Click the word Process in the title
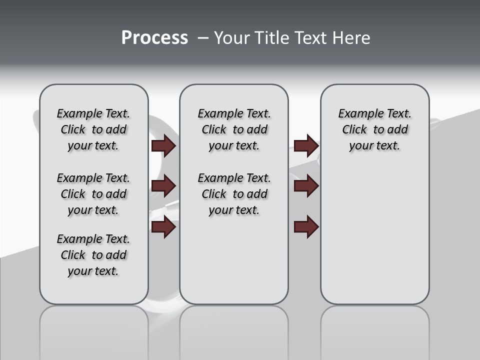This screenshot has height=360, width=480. click(154, 38)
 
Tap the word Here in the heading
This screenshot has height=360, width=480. click(350, 38)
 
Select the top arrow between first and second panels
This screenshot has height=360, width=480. click(163, 146)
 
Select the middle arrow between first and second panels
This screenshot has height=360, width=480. click(163, 186)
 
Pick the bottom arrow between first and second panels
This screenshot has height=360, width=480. click(163, 227)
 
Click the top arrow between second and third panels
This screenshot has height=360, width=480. click(306, 146)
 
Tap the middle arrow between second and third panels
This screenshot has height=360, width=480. click(306, 186)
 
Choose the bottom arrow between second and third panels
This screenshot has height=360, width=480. click(306, 227)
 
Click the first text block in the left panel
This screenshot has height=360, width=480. click(93, 129)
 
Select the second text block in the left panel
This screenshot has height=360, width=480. click(93, 194)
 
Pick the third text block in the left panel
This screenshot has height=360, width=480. click(93, 255)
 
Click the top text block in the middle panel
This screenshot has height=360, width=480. click(234, 129)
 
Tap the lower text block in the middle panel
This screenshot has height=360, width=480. click(234, 194)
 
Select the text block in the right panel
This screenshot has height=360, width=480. click(374, 129)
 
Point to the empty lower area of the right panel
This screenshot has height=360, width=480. click(374, 235)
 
